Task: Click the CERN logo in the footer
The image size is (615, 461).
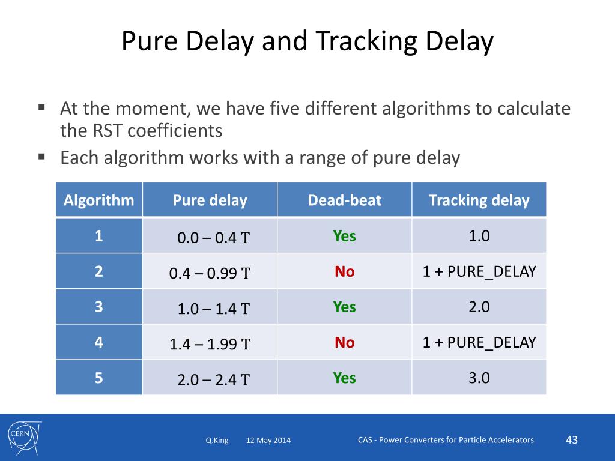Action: coord(22,436)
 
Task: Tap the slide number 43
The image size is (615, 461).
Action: coord(572,440)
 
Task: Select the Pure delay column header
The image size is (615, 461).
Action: coord(210,200)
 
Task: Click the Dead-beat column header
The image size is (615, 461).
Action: coord(344,200)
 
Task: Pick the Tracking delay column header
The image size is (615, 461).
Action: coord(479,200)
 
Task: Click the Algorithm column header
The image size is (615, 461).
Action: coord(99,200)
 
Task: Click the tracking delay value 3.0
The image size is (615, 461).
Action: coord(479,378)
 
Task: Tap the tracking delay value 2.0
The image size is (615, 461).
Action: coord(479,307)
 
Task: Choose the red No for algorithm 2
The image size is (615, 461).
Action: coord(345,272)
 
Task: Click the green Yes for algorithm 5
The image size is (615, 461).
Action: coord(345,378)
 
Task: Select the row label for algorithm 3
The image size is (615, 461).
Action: coord(98,307)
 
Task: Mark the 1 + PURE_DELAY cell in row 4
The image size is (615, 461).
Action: coord(479,342)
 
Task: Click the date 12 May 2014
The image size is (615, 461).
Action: coord(268,441)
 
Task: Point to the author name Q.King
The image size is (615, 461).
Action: coord(217,441)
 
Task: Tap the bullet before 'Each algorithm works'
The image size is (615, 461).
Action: coord(42,157)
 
